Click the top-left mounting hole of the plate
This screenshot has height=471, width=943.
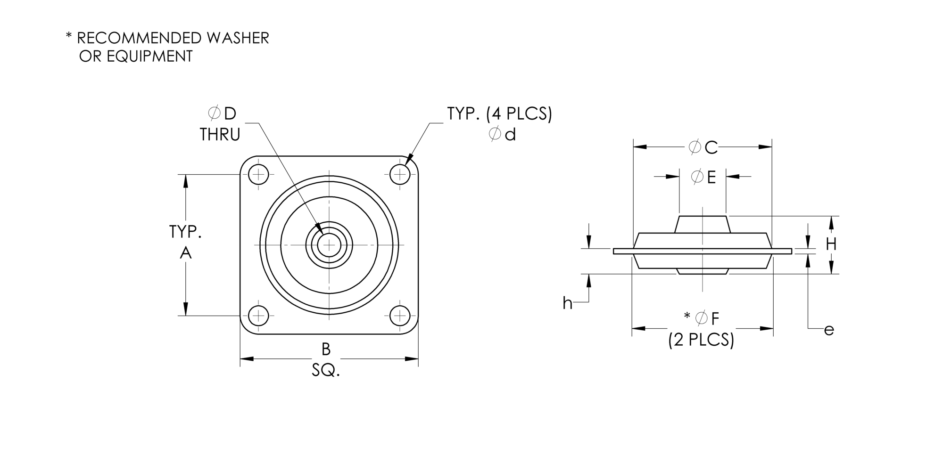pyautogui.click(x=258, y=175)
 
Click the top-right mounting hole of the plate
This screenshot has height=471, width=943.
pyautogui.click(x=400, y=175)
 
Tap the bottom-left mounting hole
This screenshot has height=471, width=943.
pyautogui.click(x=258, y=316)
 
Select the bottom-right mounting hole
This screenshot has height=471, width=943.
pyautogui.click(x=400, y=316)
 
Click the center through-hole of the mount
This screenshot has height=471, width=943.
pyautogui.click(x=329, y=245)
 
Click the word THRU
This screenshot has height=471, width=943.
pyautogui.click(x=220, y=135)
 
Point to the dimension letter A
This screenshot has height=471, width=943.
pyautogui.click(x=186, y=253)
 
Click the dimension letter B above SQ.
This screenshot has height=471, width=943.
pyautogui.click(x=326, y=349)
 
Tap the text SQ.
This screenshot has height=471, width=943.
pyautogui.click(x=326, y=371)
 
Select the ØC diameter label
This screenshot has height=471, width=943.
pyautogui.click(x=703, y=147)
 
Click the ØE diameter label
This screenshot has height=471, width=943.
pyautogui.click(x=703, y=177)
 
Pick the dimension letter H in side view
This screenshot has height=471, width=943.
pyautogui.click(x=831, y=244)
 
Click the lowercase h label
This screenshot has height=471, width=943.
pyautogui.click(x=567, y=303)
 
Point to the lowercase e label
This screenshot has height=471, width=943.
pyautogui.click(x=829, y=330)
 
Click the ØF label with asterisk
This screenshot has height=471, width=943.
pyautogui.click(x=702, y=318)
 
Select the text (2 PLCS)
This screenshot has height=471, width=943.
pyautogui.click(x=701, y=340)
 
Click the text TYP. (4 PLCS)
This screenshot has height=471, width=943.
pyautogui.click(x=499, y=114)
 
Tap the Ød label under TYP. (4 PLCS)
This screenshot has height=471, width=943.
pyautogui.click(x=503, y=135)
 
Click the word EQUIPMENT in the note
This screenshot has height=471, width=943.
pyautogui.click(x=150, y=57)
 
